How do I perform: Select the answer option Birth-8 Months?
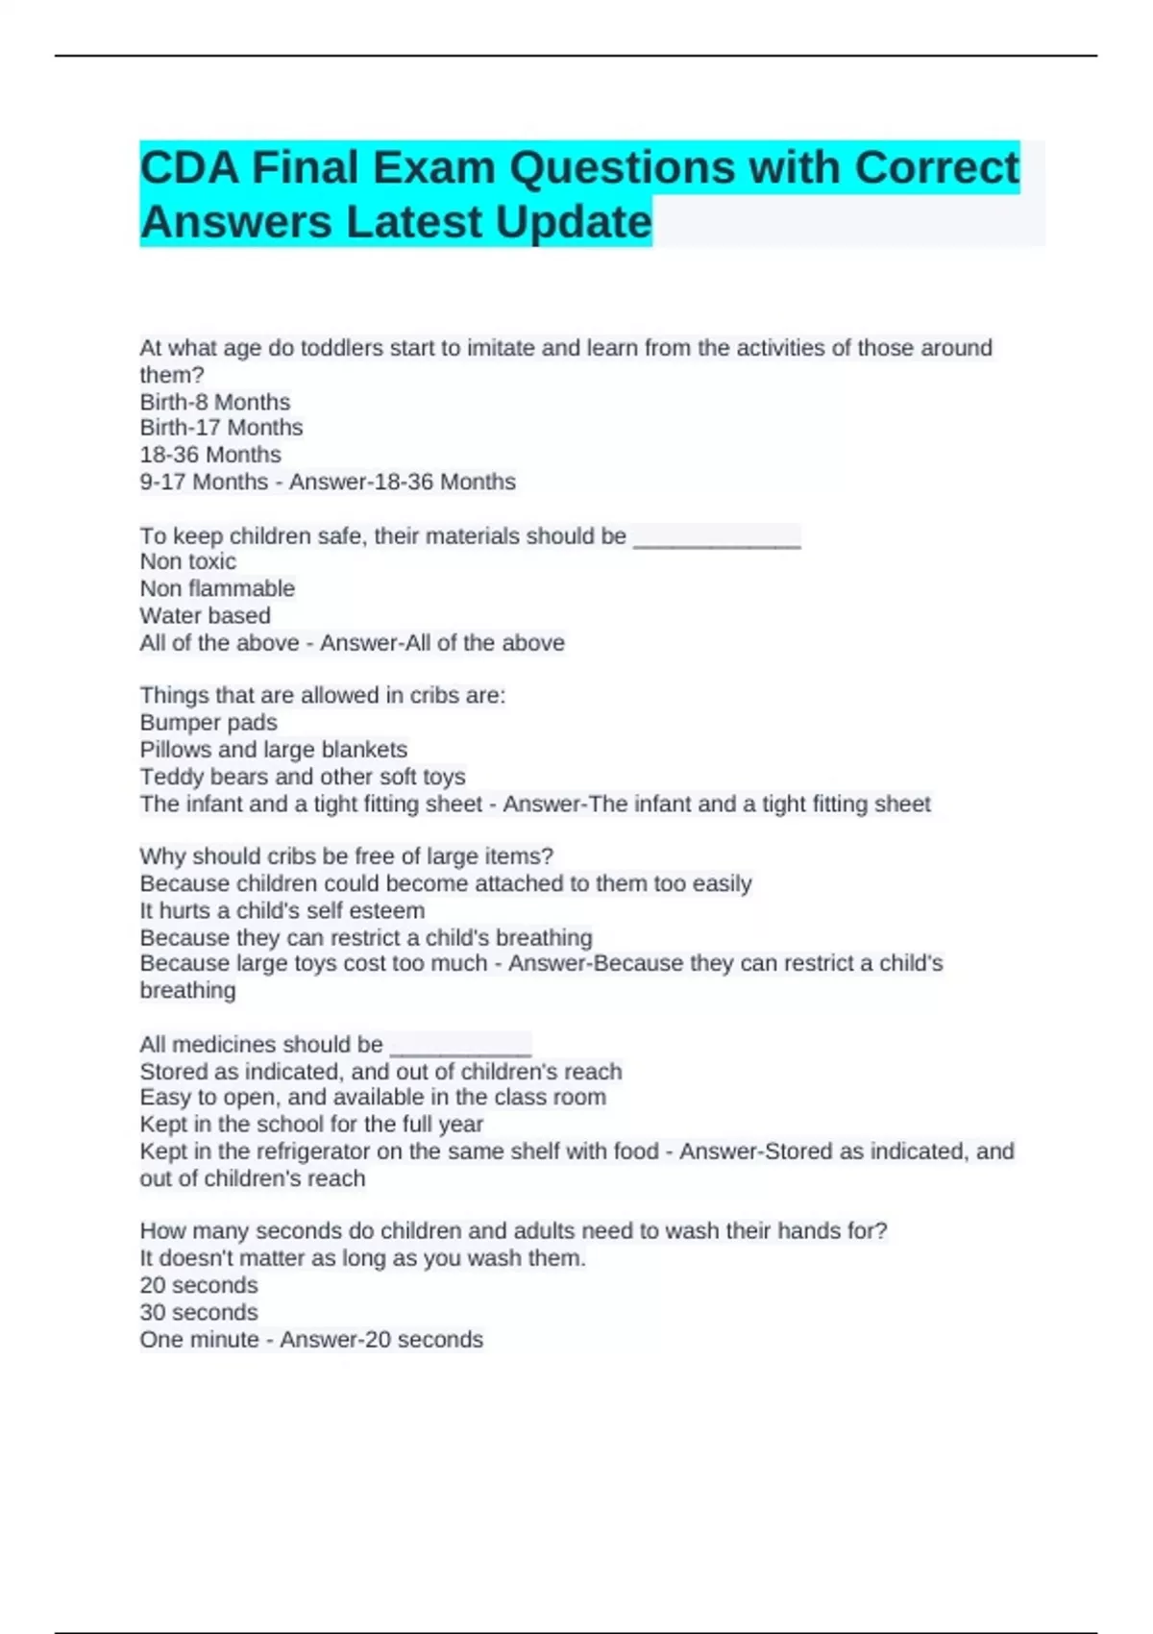[215, 402]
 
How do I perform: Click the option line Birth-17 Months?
[221, 428]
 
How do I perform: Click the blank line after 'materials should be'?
[717, 538]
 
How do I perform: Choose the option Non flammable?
[217, 588]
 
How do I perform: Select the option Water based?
[205, 615]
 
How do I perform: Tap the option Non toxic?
[187, 561]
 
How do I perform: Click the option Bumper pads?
[209, 723]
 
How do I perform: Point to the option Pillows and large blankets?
[273, 750]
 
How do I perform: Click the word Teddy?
[171, 777]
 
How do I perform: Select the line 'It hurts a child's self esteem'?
[282, 910]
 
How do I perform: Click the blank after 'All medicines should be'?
[460, 1047]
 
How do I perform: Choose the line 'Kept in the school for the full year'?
[311, 1125]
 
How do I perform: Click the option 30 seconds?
[199, 1312]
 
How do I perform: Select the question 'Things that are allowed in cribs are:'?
[322, 695]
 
